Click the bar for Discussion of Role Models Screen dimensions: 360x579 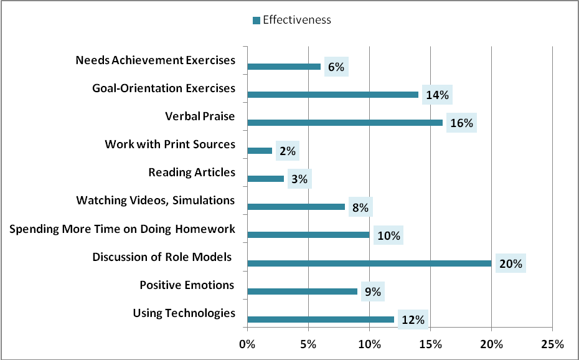pyautogui.click(x=369, y=263)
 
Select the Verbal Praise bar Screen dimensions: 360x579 pyautogui.click(x=345, y=123)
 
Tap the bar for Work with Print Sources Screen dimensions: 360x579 pyautogui.click(x=260, y=151)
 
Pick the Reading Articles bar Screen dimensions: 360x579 pyautogui.click(x=266, y=179)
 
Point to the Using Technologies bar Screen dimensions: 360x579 pyautogui.click(x=321, y=320)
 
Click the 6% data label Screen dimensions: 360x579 pyautogui.click(x=336, y=67)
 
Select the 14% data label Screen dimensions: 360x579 pyautogui.click(x=437, y=95)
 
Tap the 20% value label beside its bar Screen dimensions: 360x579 pyautogui.click(x=510, y=263)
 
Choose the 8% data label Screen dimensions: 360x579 pyautogui.click(x=360, y=207)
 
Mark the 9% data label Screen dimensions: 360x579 pyautogui.click(x=372, y=291)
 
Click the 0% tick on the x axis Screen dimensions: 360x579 pyautogui.click(x=247, y=344)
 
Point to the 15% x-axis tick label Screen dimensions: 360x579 pyautogui.click(x=430, y=344)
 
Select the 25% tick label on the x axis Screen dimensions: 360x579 pyautogui.click(x=552, y=344)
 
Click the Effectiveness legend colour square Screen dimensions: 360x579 pyautogui.click(x=255, y=21)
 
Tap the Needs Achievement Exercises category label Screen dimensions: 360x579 pyautogui.click(x=155, y=60)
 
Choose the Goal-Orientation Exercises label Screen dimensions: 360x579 pyautogui.click(x=163, y=88)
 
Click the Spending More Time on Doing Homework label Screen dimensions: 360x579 pyautogui.click(x=122, y=229)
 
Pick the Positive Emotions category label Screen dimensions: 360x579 pyautogui.click(x=187, y=285)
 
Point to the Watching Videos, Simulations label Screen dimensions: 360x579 pyautogui.click(x=155, y=201)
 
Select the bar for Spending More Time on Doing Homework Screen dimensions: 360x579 pyautogui.click(x=308, y=235)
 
